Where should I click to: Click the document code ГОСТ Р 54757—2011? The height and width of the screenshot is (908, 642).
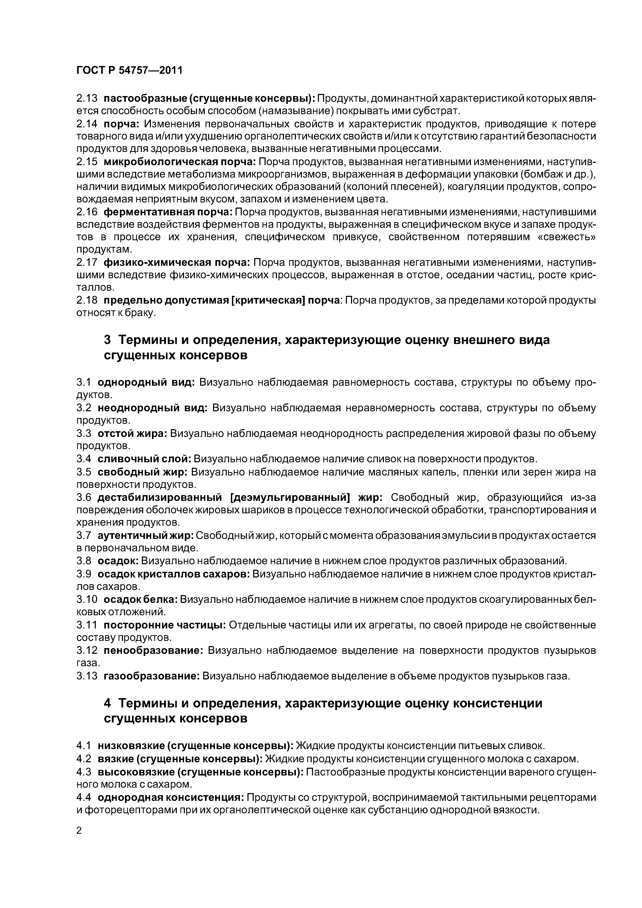click(x=129, y=70)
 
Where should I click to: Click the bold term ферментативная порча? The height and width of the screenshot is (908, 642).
click(x=168, y=212)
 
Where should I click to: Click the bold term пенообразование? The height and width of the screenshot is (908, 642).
click(x=153, y=650)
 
